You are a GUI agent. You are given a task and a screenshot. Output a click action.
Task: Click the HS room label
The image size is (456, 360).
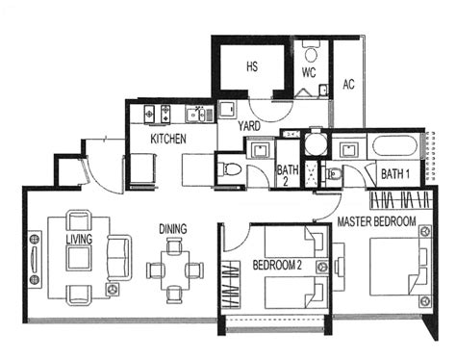252,66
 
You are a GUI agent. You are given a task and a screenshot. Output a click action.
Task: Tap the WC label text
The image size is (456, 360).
309,71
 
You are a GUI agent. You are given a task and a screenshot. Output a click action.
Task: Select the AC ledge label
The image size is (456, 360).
348,85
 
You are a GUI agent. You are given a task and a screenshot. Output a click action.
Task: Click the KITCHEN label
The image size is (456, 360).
167,140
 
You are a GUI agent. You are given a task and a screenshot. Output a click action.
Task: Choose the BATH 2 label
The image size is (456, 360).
288,174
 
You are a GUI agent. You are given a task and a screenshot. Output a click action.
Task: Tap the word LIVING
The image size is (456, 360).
79,238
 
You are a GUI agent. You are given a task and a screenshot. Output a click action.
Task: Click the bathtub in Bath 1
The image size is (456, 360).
394,150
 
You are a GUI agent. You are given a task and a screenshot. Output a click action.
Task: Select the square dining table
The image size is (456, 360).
175,269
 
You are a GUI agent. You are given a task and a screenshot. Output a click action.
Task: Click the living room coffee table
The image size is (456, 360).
78,260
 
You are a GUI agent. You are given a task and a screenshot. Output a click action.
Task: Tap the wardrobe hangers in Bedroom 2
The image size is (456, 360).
230,284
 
